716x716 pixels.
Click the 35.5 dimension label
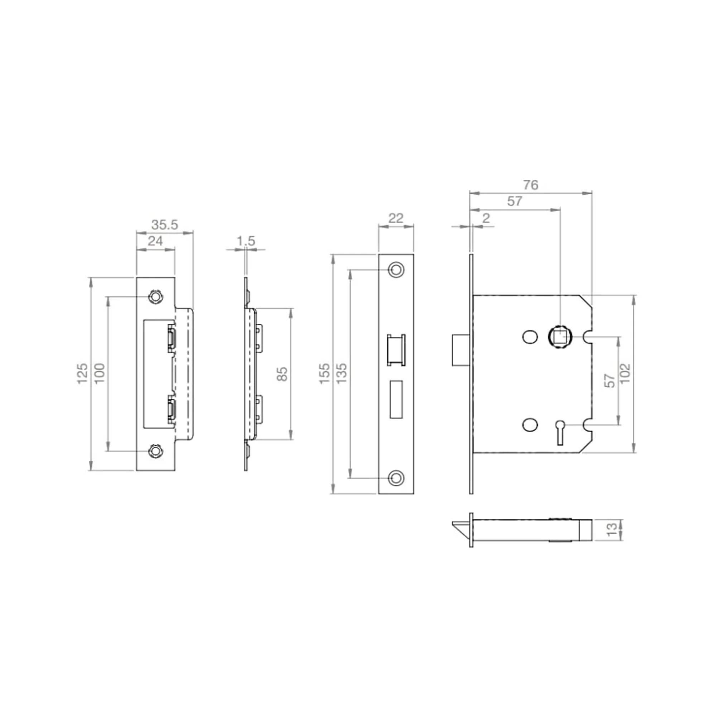coord(165,224)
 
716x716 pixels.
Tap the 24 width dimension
coord(155,241)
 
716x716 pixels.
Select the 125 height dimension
coord(82,373)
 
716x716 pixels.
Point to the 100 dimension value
coord(99,373)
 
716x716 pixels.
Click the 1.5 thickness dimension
coord(246,241)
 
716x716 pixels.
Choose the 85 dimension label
coord(282,374)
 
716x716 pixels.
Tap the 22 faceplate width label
coord(396,218)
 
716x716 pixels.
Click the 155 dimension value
coord(324,373)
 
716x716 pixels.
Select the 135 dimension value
coord(341,373)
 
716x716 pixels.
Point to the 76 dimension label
coord(531,185)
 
